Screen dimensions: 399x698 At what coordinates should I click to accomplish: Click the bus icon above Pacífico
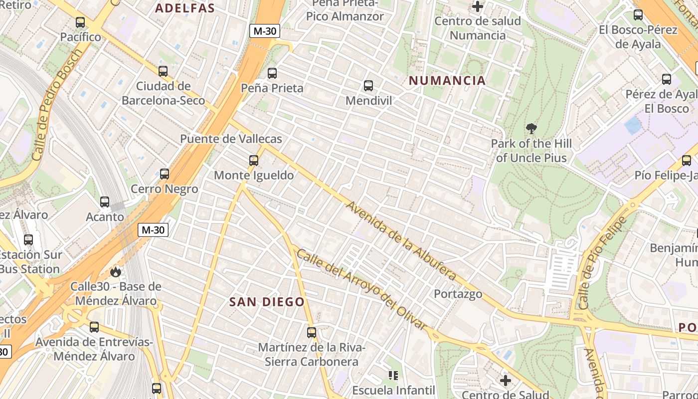(x=80, y=22)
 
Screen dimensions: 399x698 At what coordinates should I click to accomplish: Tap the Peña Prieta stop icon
(x=272, y=73)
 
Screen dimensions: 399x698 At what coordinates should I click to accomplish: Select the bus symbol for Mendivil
(x=368, y=86)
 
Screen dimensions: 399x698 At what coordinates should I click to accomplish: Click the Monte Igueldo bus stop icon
(x=254, y=161)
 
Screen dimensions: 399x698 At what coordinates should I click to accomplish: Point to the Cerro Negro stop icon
(x=165, y=174)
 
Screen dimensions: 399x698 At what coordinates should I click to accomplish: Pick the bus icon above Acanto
(x=105, y=202)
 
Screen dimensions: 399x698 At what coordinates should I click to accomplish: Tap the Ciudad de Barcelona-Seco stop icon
(x=163, y=71)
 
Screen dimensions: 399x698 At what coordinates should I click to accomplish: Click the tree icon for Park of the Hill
(x=531, y=129)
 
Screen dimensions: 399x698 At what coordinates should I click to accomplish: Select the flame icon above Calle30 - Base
(x=116, y=272)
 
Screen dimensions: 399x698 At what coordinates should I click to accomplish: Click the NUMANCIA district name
(x=447, y=81)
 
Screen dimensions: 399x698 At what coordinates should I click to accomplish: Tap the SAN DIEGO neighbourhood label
(x=267, y=302)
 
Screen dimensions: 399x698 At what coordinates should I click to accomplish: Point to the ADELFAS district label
(x=185, y=8)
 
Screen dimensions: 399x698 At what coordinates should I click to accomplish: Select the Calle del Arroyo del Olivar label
(x=361, y=289)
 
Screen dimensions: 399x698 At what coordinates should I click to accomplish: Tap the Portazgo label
(x=458, y=294)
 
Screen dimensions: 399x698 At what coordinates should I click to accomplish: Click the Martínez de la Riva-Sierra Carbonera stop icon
(x=312, y=332)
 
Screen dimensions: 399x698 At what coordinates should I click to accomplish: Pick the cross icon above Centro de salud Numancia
(x=478, y=6)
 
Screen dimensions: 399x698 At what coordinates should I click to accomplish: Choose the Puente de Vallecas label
(x=231, y=139)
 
